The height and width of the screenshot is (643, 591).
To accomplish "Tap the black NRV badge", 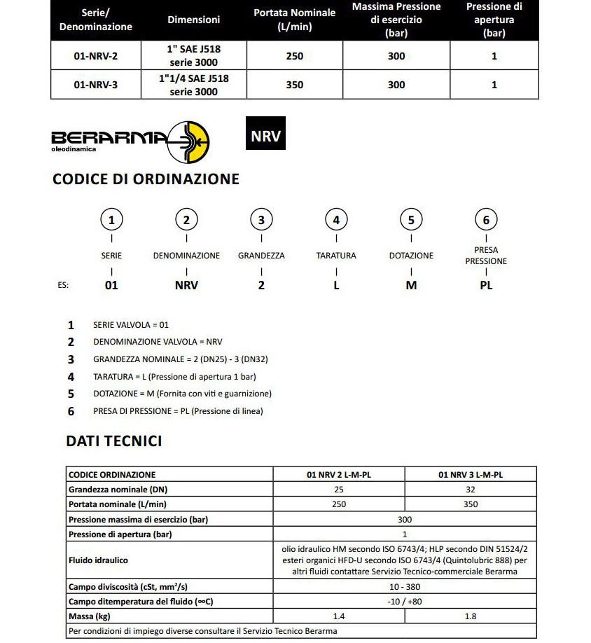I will click(x=265, y=136).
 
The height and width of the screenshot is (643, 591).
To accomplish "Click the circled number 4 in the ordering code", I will click(x=336, y=220).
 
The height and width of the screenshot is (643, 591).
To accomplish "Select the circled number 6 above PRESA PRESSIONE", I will click(x=486, y=220).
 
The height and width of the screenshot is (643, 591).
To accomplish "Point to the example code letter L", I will click(x=336, y=286).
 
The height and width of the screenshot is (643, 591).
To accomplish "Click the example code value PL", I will click(x=486, y=286).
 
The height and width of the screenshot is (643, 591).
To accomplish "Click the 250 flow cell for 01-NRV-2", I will click(x=295, y=56).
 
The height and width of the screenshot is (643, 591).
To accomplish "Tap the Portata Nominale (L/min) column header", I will click(x=295, y=20).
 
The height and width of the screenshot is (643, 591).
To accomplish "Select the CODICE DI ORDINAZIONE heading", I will click(x=146, y=179).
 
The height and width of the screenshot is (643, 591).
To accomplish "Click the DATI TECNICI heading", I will click(x=113, y=441).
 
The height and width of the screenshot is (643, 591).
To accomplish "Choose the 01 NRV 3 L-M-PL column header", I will click(x=471, y=474).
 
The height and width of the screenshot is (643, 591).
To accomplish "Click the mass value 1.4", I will click(x=339, y=616).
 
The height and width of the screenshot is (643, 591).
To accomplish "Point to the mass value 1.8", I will click(x=471, y=616).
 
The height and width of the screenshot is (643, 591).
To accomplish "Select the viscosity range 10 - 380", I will click(x=405, y=586).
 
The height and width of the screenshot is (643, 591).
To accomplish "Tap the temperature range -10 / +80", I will click(x=405, y=601).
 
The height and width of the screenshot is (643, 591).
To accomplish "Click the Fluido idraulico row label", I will click(x=98, y=560).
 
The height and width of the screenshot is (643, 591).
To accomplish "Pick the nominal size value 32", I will click(x=471, y=489).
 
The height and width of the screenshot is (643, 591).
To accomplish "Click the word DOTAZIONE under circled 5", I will click(x=411, y=256).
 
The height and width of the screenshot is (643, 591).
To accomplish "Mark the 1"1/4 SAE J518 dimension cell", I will click(x=194, y=85).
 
